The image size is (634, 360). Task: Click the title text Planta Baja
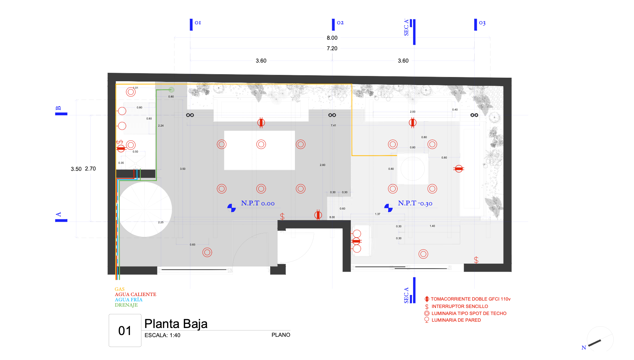pos(176,324)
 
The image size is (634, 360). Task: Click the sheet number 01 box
pos(125,330)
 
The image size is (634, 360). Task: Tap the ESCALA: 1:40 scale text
pos(162,335)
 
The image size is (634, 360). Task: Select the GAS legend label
pos(120,289)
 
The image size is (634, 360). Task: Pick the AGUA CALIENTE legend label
pos(135,294)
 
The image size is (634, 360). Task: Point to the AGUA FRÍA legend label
pos(128,300)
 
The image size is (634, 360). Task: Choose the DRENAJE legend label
pos(126,305)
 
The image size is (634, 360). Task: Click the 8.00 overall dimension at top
pos(332,38)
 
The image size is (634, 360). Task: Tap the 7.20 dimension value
pos(332,49)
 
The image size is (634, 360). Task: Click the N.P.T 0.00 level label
pos(258,203)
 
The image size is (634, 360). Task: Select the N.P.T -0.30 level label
pos(415,203)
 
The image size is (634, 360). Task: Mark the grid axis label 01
pos(198,23)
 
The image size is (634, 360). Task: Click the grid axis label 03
pos(482,23)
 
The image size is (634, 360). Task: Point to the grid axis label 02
pos(340,23)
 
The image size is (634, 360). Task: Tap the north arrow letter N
pos(584,348)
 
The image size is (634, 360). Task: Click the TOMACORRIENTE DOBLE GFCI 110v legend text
pos(470,299)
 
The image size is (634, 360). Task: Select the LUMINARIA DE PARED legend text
pos(456,320)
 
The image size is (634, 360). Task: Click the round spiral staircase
pos(145,210)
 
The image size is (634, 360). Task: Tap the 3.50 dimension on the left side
pos(76,169)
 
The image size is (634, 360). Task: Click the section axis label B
pos(58,108)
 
